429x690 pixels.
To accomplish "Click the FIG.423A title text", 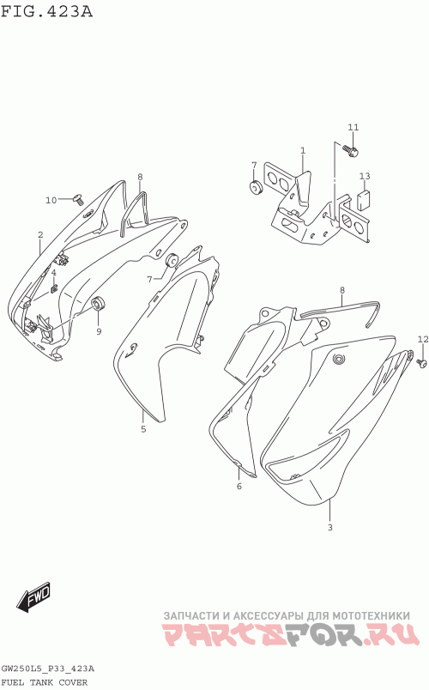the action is [x=46, y=11].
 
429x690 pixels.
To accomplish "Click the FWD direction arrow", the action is [x=34, y=597].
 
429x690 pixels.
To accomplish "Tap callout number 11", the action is [x=353, y=127].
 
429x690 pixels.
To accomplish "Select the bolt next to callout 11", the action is [x=353, y=151].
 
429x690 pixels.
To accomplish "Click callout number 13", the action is [x=365, y=177].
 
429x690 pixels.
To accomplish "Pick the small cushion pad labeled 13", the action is [x=364, y=202].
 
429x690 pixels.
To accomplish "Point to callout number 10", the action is [x=51, y=200].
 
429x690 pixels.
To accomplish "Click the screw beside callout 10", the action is [x=78, y=199].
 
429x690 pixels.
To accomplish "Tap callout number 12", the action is [x=423, y=339].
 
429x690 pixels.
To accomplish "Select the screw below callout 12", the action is [x=421, y=364].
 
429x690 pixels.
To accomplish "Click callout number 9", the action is [x=99, y=331].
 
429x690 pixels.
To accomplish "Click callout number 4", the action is [x=54, y=273].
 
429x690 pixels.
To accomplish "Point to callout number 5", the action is [x=143, y=429].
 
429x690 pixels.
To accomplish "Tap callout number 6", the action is [x=239, y=487].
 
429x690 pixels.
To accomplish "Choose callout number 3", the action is [x=330, y=528].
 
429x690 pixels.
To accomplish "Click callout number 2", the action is [x=40, y=235].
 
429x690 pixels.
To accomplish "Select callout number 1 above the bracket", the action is [x=303, y=151].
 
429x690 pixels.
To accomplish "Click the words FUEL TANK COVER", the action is [x=45, y=682].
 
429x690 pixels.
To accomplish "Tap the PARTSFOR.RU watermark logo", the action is [x=290, y=634].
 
